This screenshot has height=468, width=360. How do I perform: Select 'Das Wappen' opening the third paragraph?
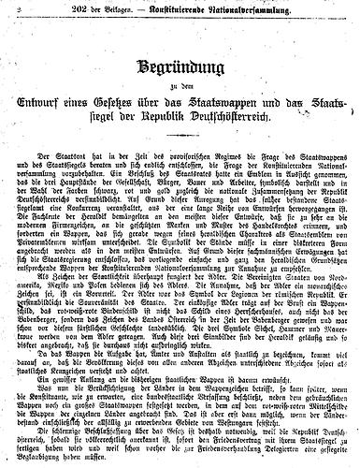click(x=43, y=361)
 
